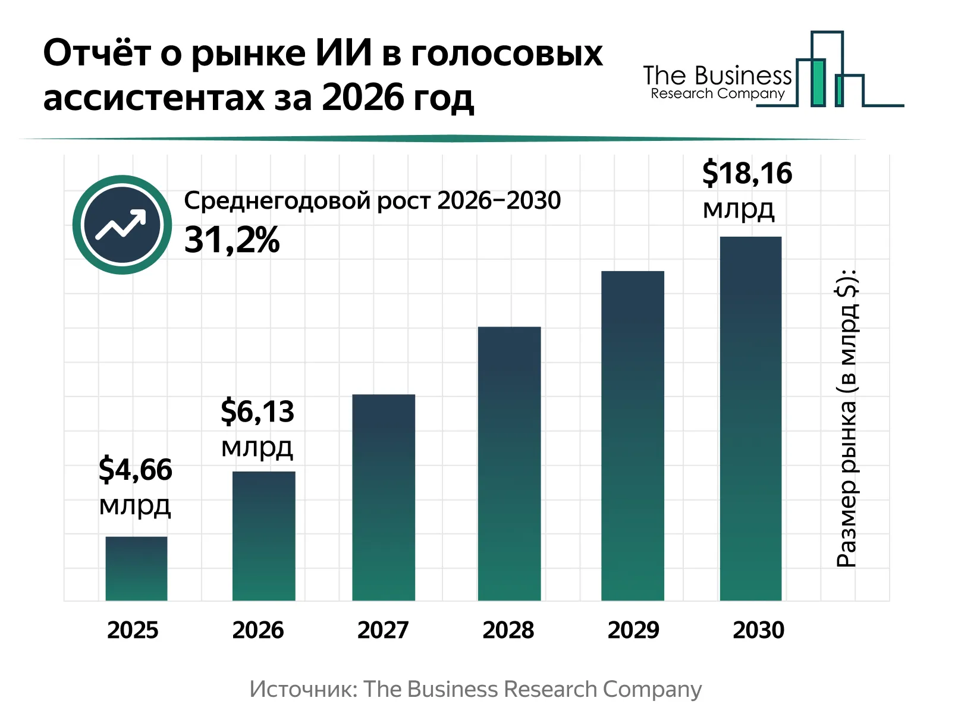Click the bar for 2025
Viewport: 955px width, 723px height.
coord(136,568)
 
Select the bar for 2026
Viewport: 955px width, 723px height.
coord(263,536)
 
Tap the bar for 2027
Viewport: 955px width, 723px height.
coord(384,497)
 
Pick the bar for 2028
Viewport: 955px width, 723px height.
coord(509,463)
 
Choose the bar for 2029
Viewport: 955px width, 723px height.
coord(632,435)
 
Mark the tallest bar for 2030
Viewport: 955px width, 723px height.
coord(750,418)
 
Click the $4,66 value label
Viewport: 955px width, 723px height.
coord(136,470)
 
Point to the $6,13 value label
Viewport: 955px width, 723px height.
coord(257,411)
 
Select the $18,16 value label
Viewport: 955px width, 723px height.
coord(747,174)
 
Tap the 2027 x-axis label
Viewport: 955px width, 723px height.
coord(383,630)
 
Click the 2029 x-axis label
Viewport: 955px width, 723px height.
coord(633,630)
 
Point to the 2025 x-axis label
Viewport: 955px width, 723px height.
coord(133,630)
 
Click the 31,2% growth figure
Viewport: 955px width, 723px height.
coord(231,241)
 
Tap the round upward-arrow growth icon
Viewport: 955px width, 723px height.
coord(122,225)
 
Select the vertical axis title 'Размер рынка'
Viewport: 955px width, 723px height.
coord(846,419)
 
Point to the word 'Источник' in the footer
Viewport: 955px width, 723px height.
coord(303,690)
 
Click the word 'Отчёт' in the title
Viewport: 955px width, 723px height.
coord(97,54)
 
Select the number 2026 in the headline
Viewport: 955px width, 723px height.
coord(354,98)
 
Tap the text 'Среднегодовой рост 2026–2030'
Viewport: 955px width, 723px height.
coord(372,201)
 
